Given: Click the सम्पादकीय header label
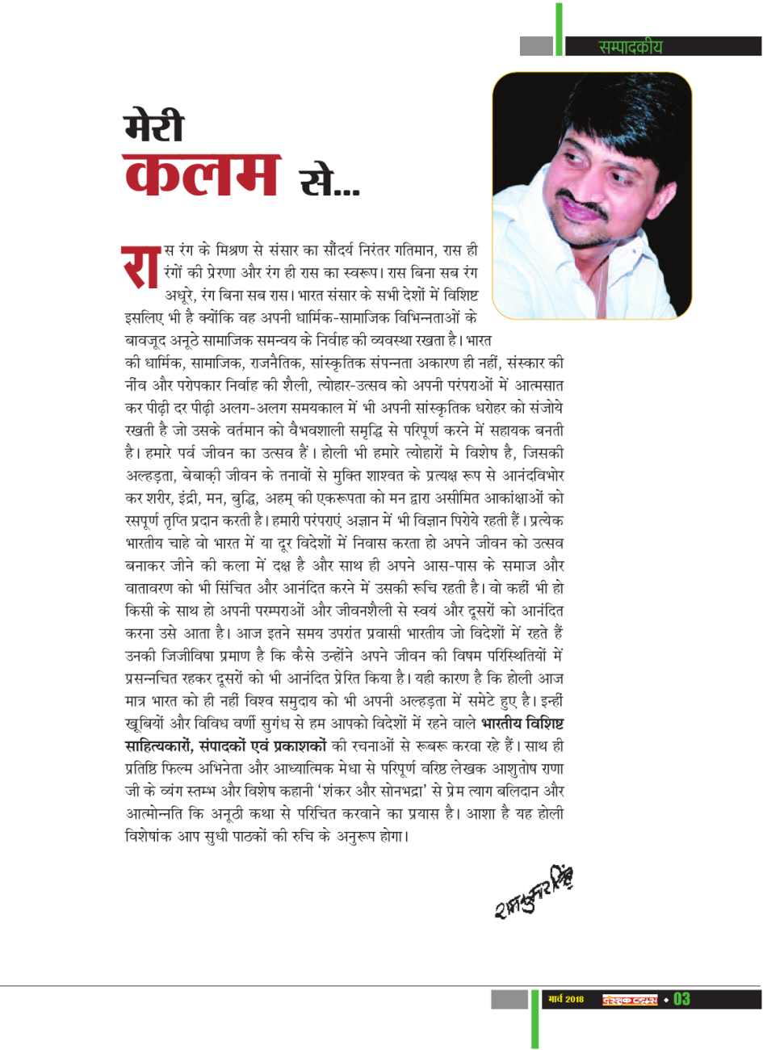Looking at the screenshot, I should point(630,47).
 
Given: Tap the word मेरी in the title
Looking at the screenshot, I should point(153,127).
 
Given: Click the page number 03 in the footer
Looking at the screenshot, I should point(682,999).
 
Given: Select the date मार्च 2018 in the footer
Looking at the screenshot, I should point(565,1000).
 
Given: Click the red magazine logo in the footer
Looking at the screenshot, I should point(630,1000).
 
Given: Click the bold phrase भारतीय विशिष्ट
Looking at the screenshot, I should point(522,722).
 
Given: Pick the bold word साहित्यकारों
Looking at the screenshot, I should point(161,744).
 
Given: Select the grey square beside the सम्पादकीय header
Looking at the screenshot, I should point(536,46).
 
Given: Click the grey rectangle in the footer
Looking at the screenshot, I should point(509,999).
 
